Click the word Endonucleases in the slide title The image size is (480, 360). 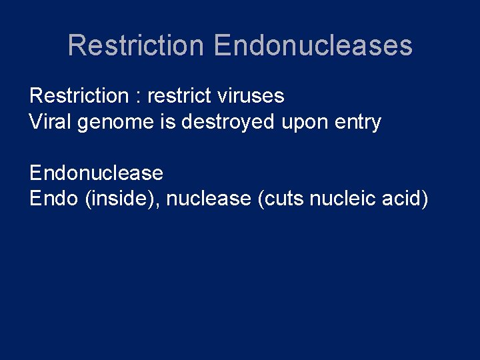pos(313,45)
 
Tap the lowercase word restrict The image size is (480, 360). pos(179,96)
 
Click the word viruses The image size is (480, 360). pos(251,96)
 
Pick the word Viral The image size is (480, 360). pos(51,122)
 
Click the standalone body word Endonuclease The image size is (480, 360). pos(96,173)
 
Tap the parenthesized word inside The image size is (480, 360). pos(121,199)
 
